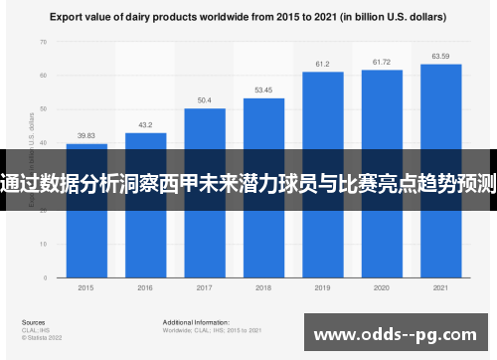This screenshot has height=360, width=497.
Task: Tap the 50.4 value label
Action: pyautogui.click(x=204, y=100)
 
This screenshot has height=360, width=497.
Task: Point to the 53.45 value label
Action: pyautogui.click(x=263, y=90)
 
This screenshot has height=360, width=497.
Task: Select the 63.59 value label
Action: pyautogui.click(x=440, y=57)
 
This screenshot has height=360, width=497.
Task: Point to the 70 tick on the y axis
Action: pyautogui.click(x=43, y=43)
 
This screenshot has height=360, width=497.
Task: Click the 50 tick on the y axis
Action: pyautogui.click(x=43, y=108)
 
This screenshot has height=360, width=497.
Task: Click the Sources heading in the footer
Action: pyautogui.click(x=33, y=323)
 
